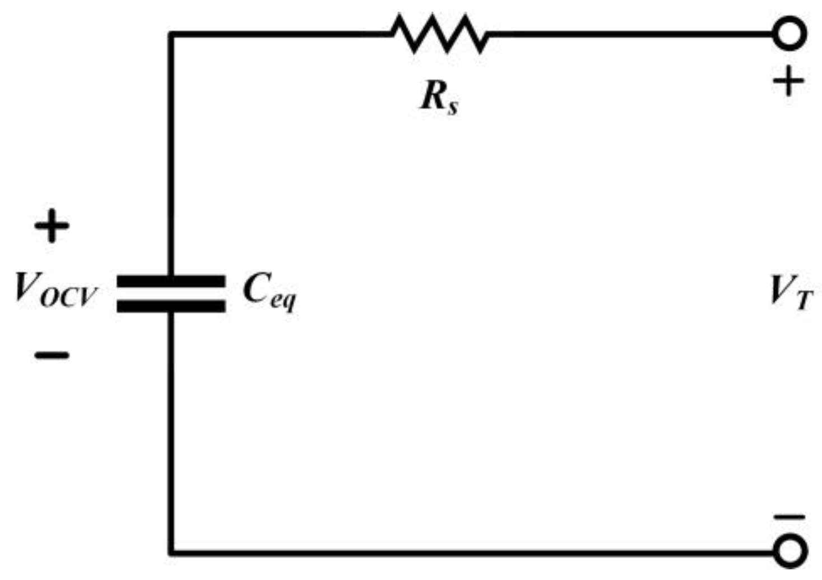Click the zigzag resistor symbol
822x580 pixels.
coord(440,34)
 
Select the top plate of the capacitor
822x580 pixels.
coord(171,281)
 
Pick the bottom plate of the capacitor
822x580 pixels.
coord(171,306)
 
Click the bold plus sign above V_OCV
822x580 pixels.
coord(52,227)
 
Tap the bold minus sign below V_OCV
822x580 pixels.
coord(52,355)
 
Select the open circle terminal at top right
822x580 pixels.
coord(790,34)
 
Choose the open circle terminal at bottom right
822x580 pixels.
coord(790,551)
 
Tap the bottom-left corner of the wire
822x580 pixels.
coord(171,553)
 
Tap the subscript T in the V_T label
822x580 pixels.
coord(803,301)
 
